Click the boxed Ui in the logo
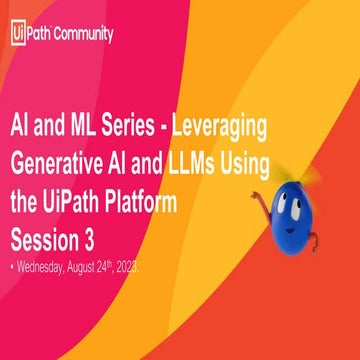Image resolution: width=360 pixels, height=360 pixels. click(17, 33)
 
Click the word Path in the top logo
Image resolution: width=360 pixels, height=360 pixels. click(40, 33)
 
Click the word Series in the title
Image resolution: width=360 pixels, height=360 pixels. click(144, 132)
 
